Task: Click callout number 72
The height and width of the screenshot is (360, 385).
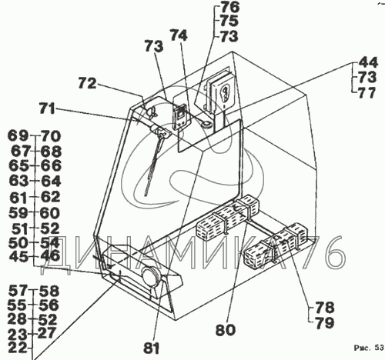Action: (x=87, y=84)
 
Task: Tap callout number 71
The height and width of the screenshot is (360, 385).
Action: (x=47, y=108)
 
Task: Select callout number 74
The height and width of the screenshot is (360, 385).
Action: (x=179, y=35)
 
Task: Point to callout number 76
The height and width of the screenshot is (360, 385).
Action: (x=229, y=7)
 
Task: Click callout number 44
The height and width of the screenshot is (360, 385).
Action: (x=368, y=62)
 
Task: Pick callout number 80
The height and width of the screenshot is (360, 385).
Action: (x=225, y=330)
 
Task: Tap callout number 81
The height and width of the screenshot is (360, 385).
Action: (x=152, y=348)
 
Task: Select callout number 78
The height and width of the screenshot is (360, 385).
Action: (x=325, y=308)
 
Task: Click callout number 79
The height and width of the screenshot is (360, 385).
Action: (x=325, y=323)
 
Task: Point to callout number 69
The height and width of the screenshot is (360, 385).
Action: (x=18, y=135)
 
